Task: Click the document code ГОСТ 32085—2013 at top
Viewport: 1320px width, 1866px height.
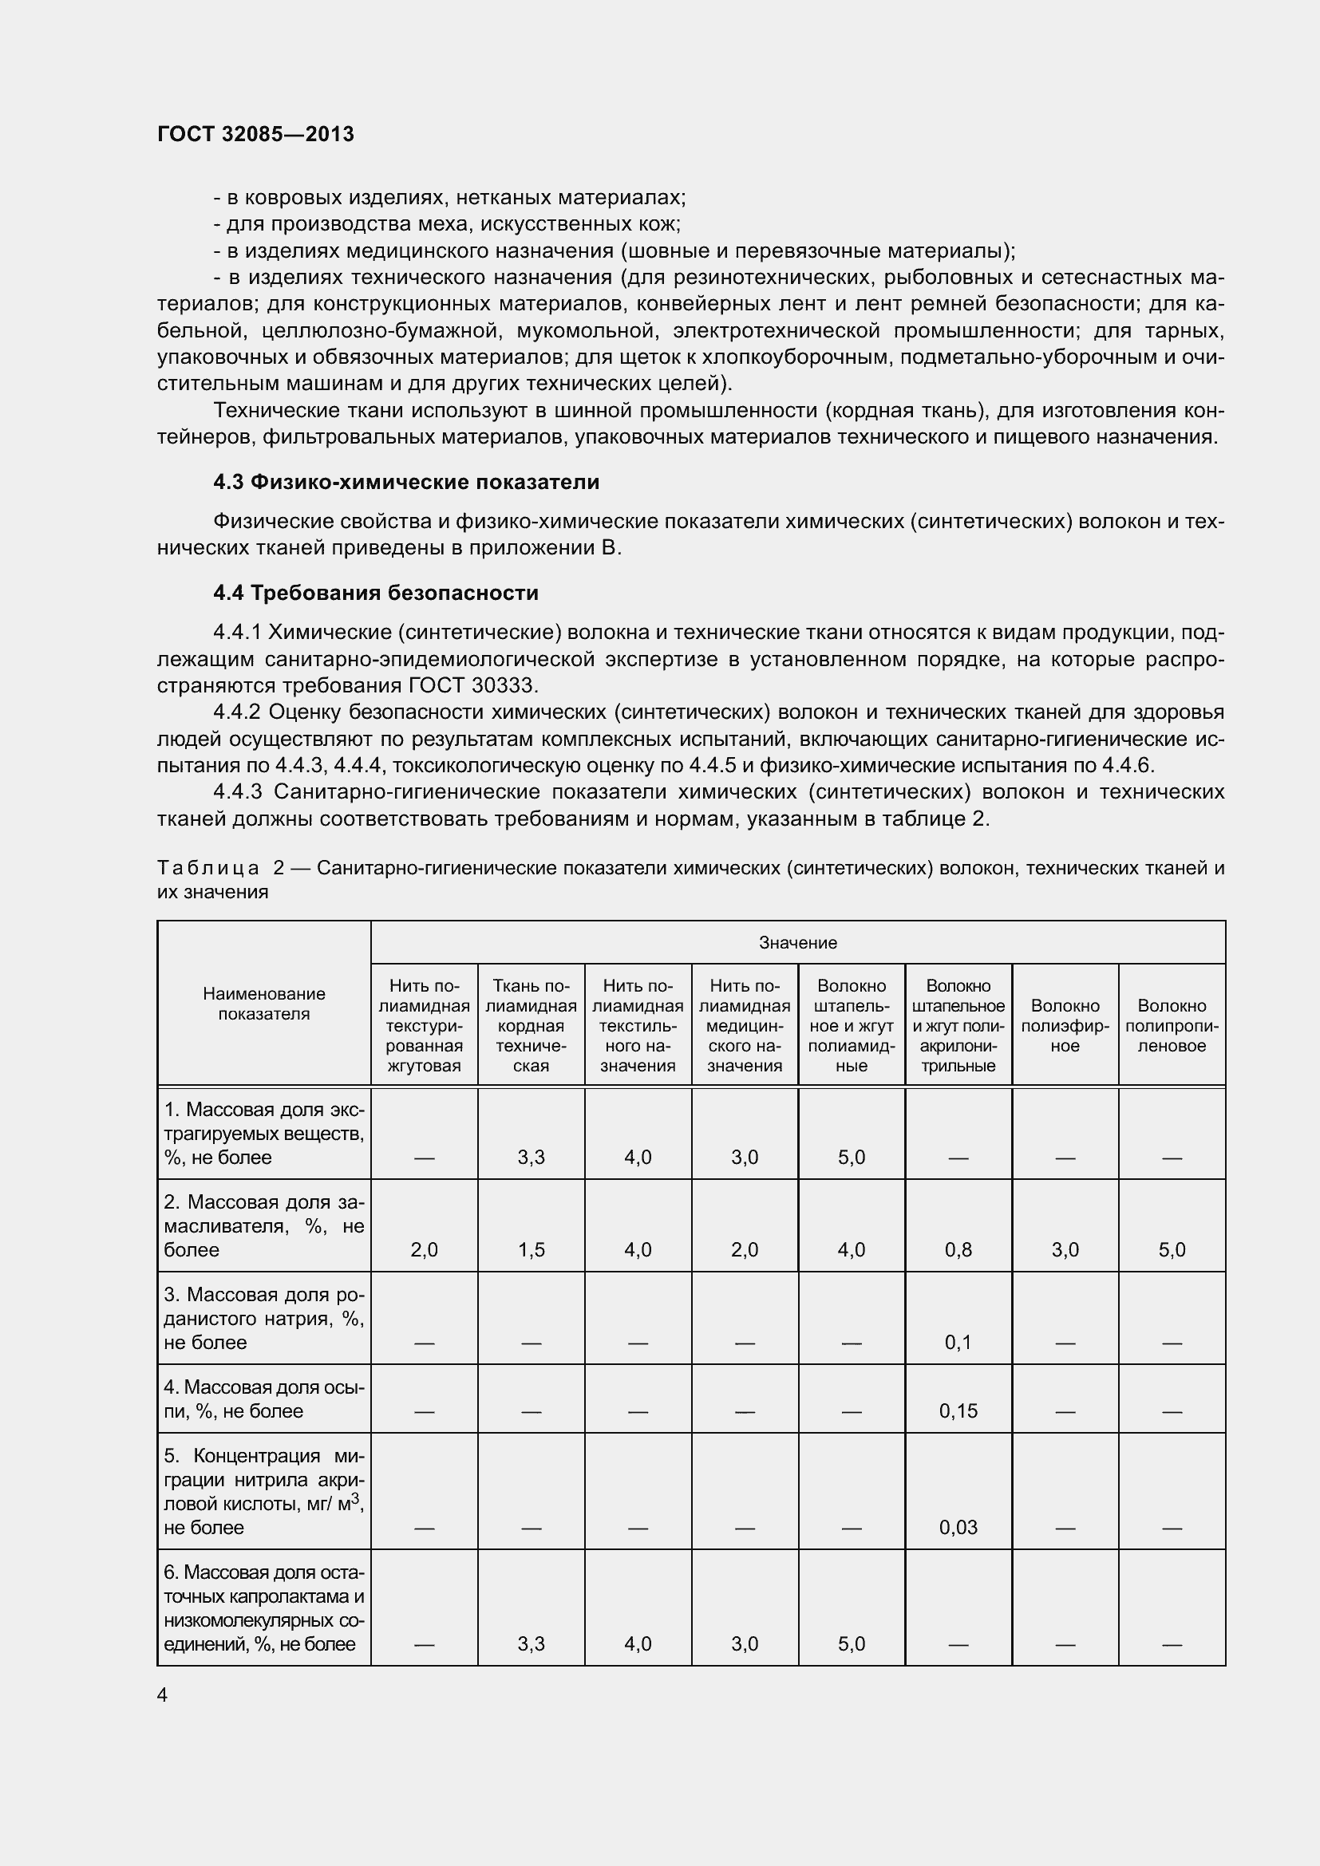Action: (255, 134)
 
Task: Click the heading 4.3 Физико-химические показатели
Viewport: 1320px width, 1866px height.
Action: (405, 482)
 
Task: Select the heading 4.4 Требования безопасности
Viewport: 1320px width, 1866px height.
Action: (376, 593)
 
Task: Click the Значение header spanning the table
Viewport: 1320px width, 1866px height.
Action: (797, 942)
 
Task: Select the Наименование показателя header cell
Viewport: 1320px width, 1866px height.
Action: (263, 1003)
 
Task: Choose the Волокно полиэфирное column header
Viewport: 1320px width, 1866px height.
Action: (1064, 1025)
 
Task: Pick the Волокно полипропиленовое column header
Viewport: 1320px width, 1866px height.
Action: (1172, 1025)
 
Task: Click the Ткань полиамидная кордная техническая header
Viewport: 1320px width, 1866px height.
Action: (531, 1025)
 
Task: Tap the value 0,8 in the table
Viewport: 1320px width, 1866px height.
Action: (958, 1249)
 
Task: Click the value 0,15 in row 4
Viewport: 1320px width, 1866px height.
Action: (958, 1411)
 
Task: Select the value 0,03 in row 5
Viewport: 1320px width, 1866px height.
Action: (958, 1527)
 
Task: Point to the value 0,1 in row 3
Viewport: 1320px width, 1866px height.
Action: (958, 1342)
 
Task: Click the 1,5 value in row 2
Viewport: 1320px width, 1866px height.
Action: (531, 1249)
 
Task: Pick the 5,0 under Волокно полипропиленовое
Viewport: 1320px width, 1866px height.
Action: (1172, 1249)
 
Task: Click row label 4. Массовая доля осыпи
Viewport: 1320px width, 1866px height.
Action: (263, 1399)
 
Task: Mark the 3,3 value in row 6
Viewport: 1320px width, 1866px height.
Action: (531, 1644)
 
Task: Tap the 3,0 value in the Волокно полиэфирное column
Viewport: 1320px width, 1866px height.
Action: (1064, 1249)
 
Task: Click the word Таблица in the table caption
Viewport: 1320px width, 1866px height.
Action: (208, 868)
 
